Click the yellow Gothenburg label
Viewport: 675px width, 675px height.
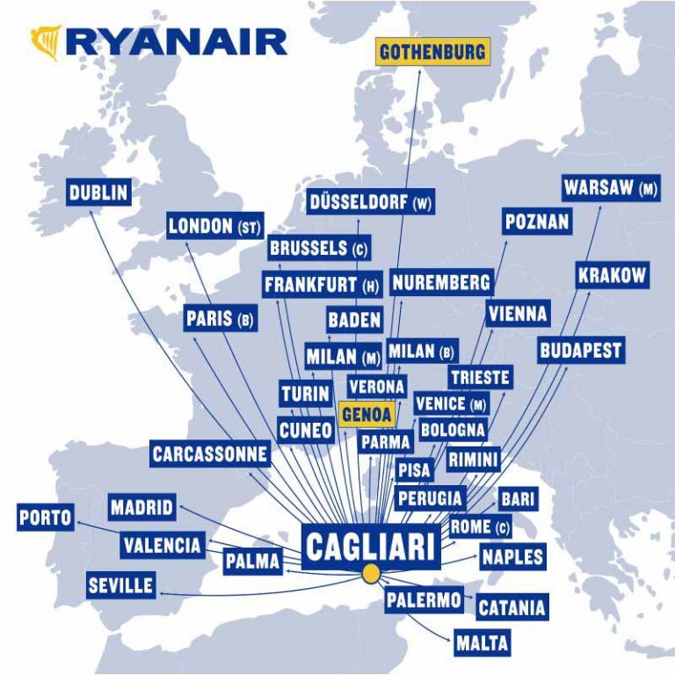coord(432,52)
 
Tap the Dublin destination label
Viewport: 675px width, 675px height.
coord(99,192)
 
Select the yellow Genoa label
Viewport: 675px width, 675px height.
coord(367,412)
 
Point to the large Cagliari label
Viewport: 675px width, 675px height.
coord(370,547)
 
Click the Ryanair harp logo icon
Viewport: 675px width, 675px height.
coord(46,41)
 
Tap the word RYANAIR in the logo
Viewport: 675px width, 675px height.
coord(176,41)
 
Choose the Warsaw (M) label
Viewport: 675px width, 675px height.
coord(611,188)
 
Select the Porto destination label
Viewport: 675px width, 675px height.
coord(46,518)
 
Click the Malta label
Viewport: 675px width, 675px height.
coord(482,642)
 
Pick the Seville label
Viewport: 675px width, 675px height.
coord(121,584)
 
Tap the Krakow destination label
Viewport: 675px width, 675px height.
coord(612,275)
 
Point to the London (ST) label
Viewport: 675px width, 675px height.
coord(215,227)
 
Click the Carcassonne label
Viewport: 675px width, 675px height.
coord(210,454)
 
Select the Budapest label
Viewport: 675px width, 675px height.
coord(580,350)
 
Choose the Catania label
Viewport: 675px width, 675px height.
coord(512,607)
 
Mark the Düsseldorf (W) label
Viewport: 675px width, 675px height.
coord(371,202)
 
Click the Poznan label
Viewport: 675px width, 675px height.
coord(537,222)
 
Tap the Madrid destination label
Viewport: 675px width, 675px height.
coord(142,507)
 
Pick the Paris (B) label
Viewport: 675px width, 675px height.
coord(221,319)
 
